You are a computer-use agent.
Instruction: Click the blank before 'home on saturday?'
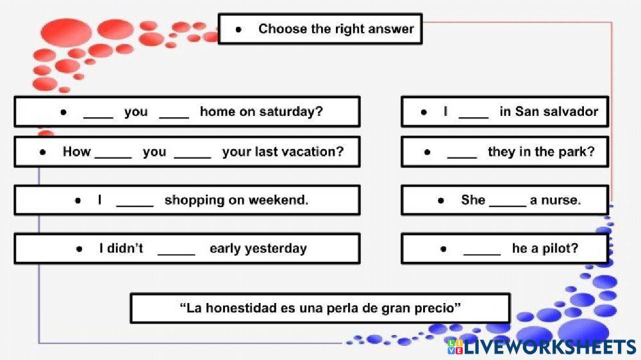(174, 113)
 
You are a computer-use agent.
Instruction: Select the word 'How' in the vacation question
(76, 152)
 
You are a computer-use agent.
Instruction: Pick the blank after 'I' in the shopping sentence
(135, 202)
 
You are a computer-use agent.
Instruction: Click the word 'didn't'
(126, 249)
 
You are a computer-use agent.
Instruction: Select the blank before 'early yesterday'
(176, 250)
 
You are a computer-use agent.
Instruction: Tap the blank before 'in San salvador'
(474, 113)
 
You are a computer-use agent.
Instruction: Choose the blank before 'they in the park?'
(462, 154)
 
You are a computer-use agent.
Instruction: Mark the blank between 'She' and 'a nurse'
(508, 202)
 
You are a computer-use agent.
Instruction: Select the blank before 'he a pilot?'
(482, 250)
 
